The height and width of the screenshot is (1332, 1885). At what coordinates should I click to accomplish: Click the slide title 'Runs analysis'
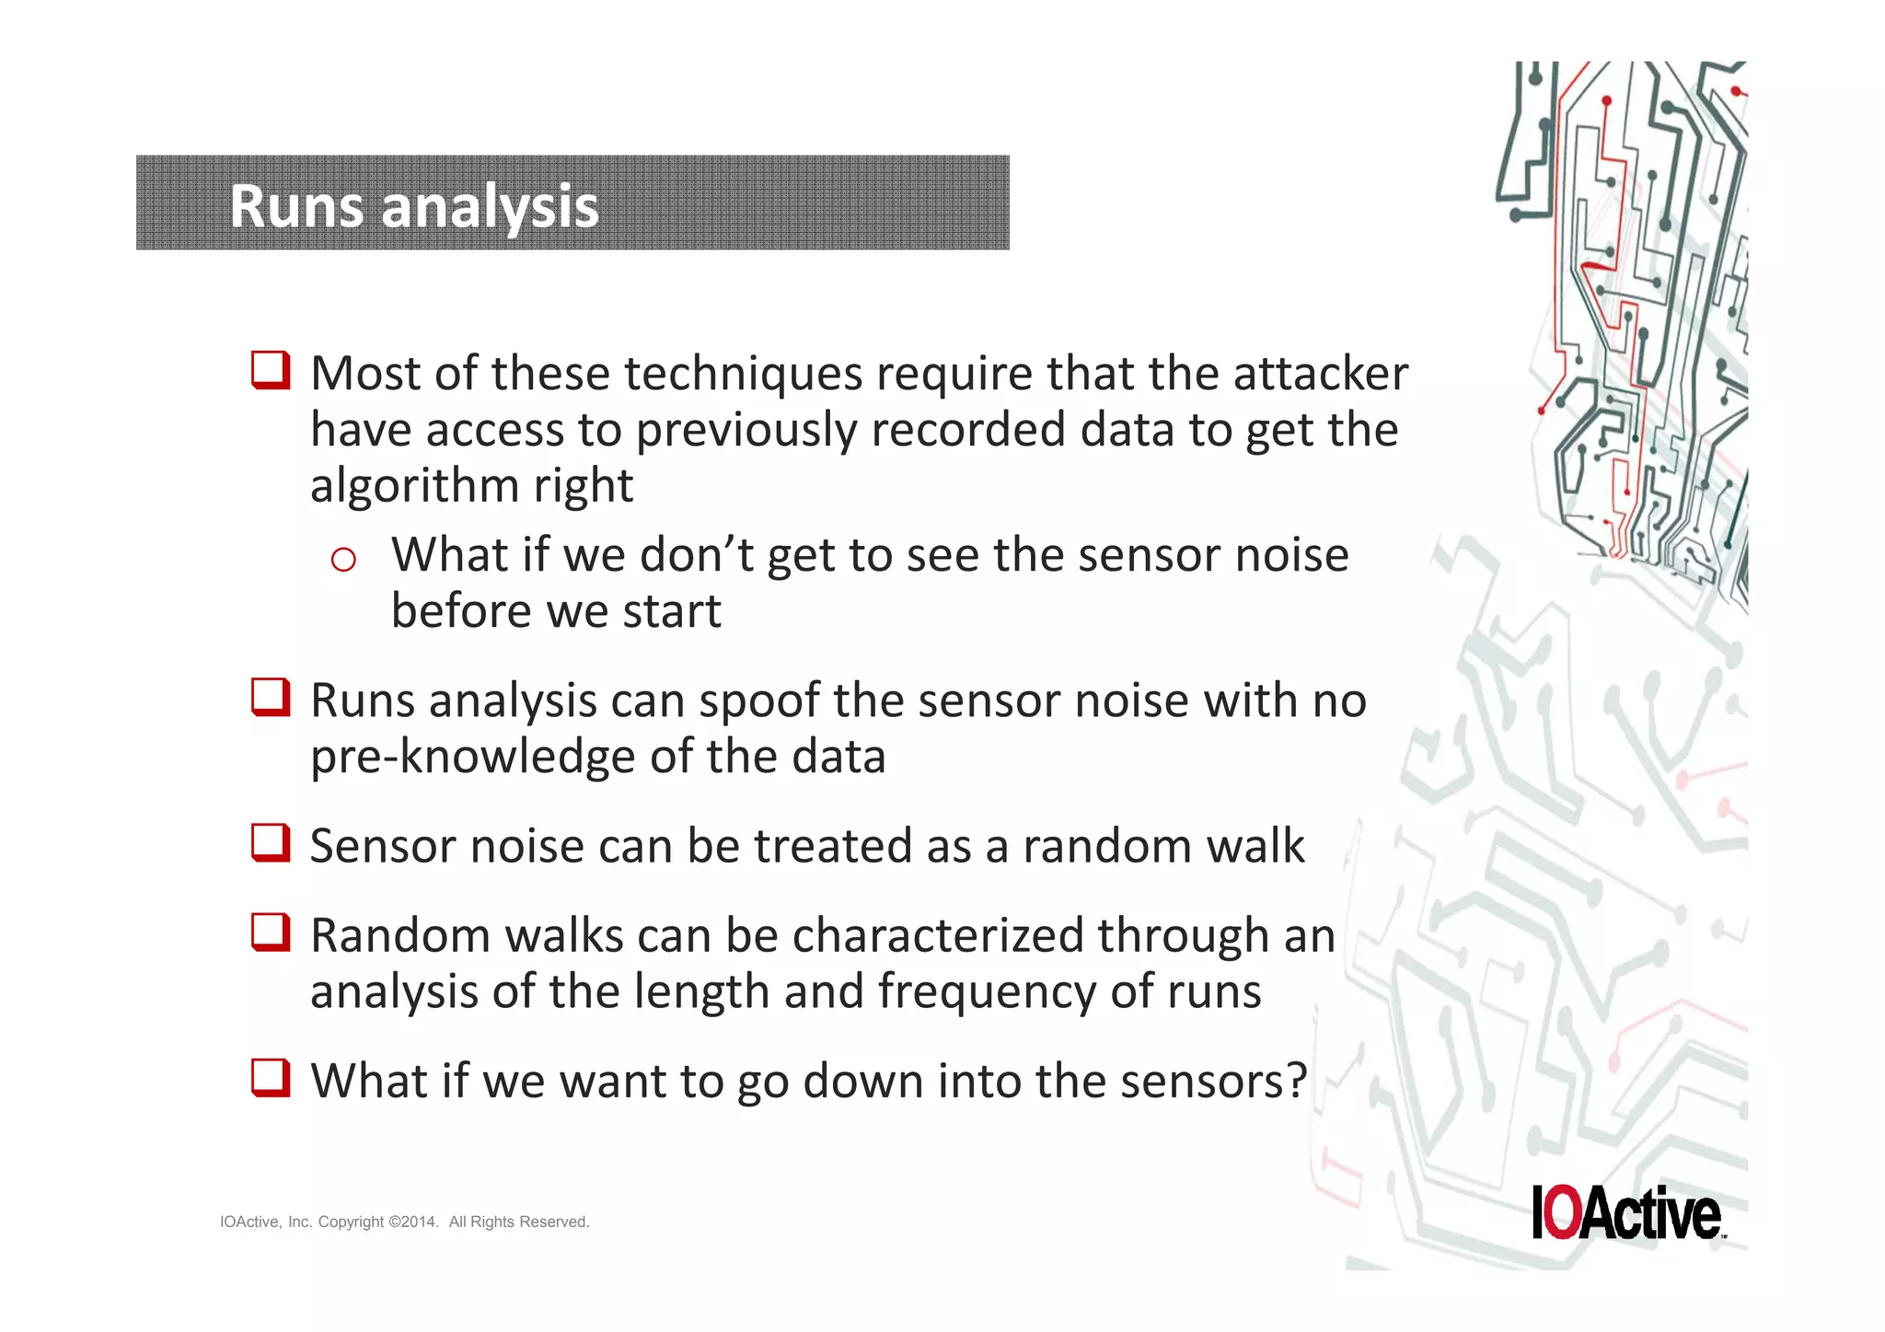(x=413, y=205)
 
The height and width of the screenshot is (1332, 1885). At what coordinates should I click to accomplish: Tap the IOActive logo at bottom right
(x=1626, y=1212)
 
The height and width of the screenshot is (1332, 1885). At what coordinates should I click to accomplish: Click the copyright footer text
(x=404, y=1222)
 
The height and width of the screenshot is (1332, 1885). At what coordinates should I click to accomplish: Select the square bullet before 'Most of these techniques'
(x=271, y=370)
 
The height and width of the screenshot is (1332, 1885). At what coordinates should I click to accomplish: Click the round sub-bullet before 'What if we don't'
(x=343, y=559)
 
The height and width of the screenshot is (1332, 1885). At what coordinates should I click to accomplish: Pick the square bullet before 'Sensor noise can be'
(x=271, y=842)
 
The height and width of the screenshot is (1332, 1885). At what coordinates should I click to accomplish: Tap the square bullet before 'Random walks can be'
(x=271, y=932)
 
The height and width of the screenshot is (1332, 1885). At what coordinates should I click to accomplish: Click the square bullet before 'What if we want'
(x=271, y=1077)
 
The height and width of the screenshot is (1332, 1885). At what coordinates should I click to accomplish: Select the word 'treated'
(x=832, y=846)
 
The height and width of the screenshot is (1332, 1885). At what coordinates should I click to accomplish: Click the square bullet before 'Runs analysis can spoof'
(x=271, y=697)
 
